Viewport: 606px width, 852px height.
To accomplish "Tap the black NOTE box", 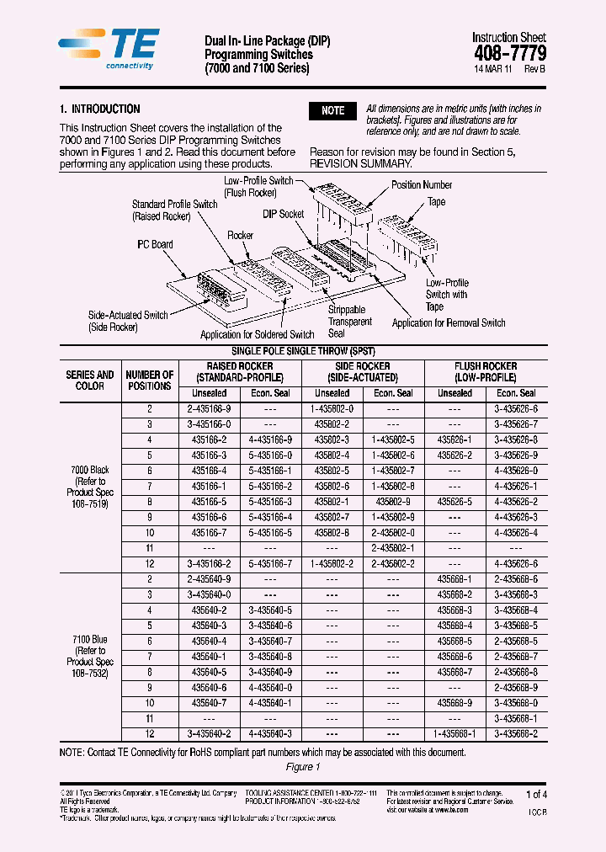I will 333,111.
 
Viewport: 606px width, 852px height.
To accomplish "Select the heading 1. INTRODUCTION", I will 100,109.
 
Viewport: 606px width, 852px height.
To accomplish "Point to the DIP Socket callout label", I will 284,215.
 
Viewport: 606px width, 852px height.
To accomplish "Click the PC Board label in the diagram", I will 155,245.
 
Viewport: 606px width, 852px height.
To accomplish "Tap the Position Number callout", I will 422,185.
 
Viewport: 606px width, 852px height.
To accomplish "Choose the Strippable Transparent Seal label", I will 349,322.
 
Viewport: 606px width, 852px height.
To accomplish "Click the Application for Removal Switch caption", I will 449,322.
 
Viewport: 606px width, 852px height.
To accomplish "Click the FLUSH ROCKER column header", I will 486,372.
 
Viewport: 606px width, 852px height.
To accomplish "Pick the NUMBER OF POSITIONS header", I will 149,381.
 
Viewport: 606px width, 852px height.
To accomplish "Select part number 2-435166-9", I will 210,408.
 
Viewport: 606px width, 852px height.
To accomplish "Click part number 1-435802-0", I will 332,408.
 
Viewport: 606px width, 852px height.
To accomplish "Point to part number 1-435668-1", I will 455,733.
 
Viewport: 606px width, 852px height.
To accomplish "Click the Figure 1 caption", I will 303,767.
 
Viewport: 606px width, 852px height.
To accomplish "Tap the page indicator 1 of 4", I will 536,794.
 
